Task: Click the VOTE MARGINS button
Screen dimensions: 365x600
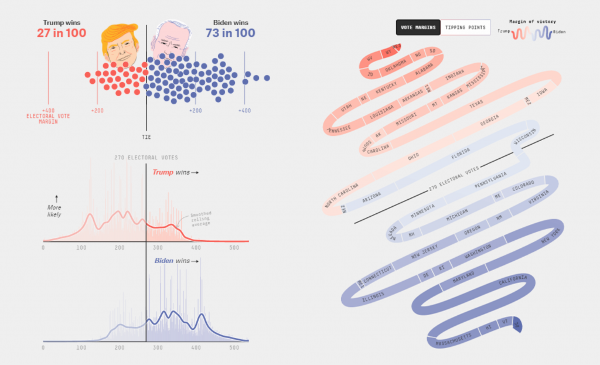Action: point(418,28)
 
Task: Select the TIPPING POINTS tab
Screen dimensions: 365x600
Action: point(465,28)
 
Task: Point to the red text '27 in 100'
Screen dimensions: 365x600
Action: point(61,33)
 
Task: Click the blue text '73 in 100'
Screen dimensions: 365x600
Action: point(230,33)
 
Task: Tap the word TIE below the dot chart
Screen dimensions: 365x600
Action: point(146,137)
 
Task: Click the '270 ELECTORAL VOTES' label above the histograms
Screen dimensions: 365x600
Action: point(146,158)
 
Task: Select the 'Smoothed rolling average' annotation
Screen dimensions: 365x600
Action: point(202,219)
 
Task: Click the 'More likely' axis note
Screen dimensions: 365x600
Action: point(54,210)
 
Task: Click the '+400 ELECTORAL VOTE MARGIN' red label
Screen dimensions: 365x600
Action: point(48,116)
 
